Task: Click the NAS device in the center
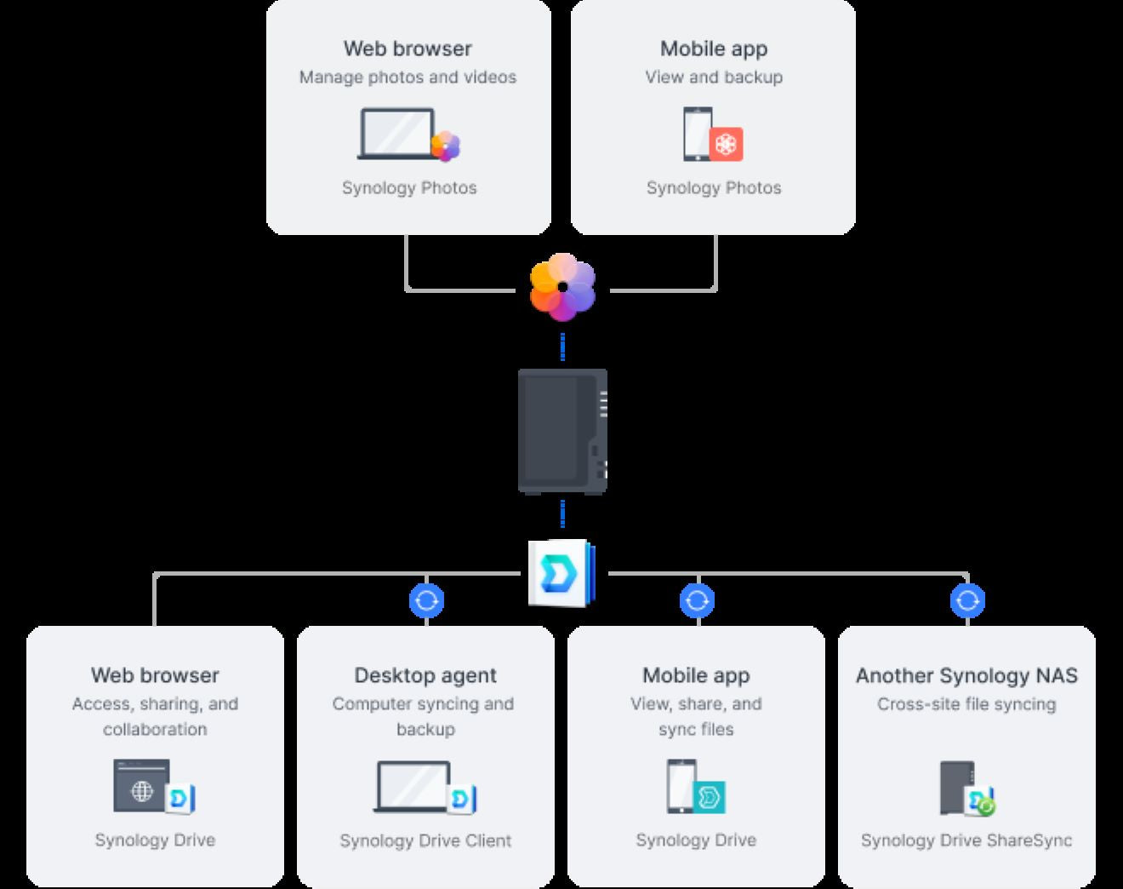tap(562, 430)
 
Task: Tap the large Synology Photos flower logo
tap(562, 287)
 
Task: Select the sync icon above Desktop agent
tap(426, 600)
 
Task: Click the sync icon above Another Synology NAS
tap(967, 600)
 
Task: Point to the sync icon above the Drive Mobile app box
tap(697, 600)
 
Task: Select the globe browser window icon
tap(141, 786)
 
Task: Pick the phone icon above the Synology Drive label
tap(681, 785)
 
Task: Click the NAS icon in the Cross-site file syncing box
tap(956, 787)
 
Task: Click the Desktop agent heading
tap(425, 675)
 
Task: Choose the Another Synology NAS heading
tap(966, 675)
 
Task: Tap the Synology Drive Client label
tap(425, 840)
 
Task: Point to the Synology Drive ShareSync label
tap(966, 840)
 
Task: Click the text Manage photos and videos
tap(408, 77)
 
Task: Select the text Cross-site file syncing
tap(966, 704)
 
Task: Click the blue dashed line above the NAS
tap(562, 347)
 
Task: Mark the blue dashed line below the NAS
tap(562, 514)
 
